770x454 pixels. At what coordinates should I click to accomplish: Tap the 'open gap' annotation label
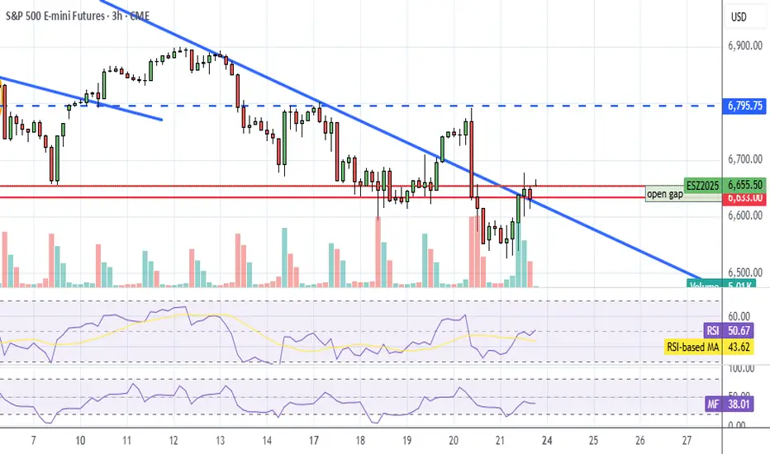(x=665, y=195)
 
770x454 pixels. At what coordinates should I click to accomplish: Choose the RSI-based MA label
(x=697, y=347)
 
